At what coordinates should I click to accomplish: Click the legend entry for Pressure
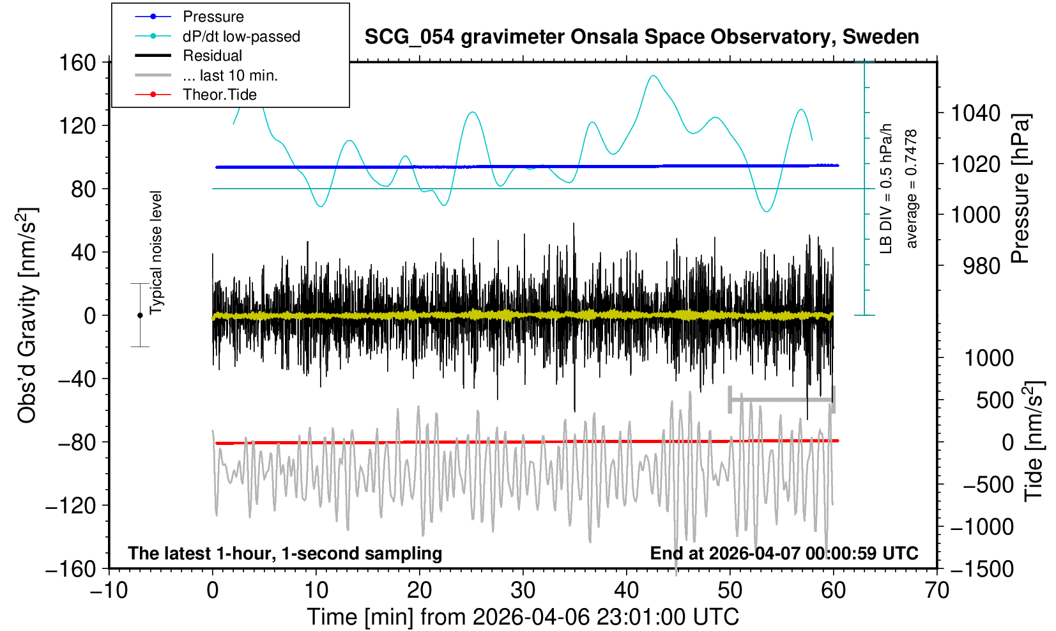213,17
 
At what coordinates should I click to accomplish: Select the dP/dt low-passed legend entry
241,36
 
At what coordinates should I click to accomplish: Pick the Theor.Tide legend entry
219,95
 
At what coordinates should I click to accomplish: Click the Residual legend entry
212,56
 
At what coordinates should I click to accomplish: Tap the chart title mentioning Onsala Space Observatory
641,37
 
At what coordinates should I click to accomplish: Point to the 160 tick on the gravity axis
77,63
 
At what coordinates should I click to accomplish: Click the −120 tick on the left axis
70,506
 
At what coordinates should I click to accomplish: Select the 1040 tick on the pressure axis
976,114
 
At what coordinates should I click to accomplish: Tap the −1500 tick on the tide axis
982,569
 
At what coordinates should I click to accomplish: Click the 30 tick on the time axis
523,589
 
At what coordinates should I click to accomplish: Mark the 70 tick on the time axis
937,589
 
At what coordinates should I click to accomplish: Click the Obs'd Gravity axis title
27,315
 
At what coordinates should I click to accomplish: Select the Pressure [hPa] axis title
1021,189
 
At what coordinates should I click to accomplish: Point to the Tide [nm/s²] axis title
1034,441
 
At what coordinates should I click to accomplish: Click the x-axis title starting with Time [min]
523,617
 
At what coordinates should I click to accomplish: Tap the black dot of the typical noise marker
140,315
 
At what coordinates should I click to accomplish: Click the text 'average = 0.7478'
912,189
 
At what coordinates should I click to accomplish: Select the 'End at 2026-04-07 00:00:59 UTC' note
784,553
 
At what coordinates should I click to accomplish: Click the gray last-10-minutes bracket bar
782,400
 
